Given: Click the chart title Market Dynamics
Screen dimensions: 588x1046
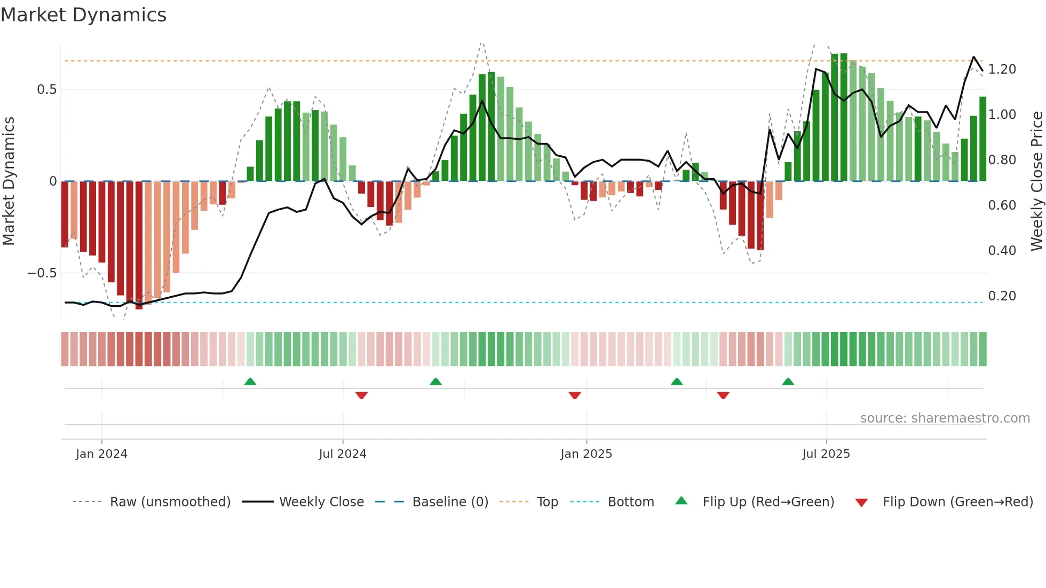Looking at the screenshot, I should tap(83, 15).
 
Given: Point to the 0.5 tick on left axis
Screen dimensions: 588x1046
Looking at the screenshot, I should tap(46, 90).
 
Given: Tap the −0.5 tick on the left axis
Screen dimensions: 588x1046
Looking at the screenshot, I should tap(42, 273).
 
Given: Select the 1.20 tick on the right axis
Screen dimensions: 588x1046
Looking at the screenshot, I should tap(1002, 69).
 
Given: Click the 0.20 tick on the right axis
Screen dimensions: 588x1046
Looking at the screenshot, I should tap(1002, 296).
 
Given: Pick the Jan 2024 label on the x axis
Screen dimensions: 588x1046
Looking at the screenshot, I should tap(101, 454).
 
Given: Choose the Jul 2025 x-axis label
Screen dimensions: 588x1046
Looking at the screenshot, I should tap(826, 454).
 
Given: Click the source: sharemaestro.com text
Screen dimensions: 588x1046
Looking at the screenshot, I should tap(945, 418).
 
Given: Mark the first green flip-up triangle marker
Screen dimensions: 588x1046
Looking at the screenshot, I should tap(250, 382).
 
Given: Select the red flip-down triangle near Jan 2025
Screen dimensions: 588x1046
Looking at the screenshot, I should tap(575, 395).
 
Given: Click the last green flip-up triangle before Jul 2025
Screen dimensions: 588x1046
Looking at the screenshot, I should tap(788, 382).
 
